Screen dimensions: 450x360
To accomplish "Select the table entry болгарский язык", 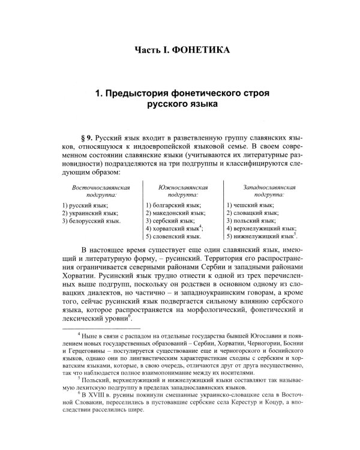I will click(174, 205).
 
